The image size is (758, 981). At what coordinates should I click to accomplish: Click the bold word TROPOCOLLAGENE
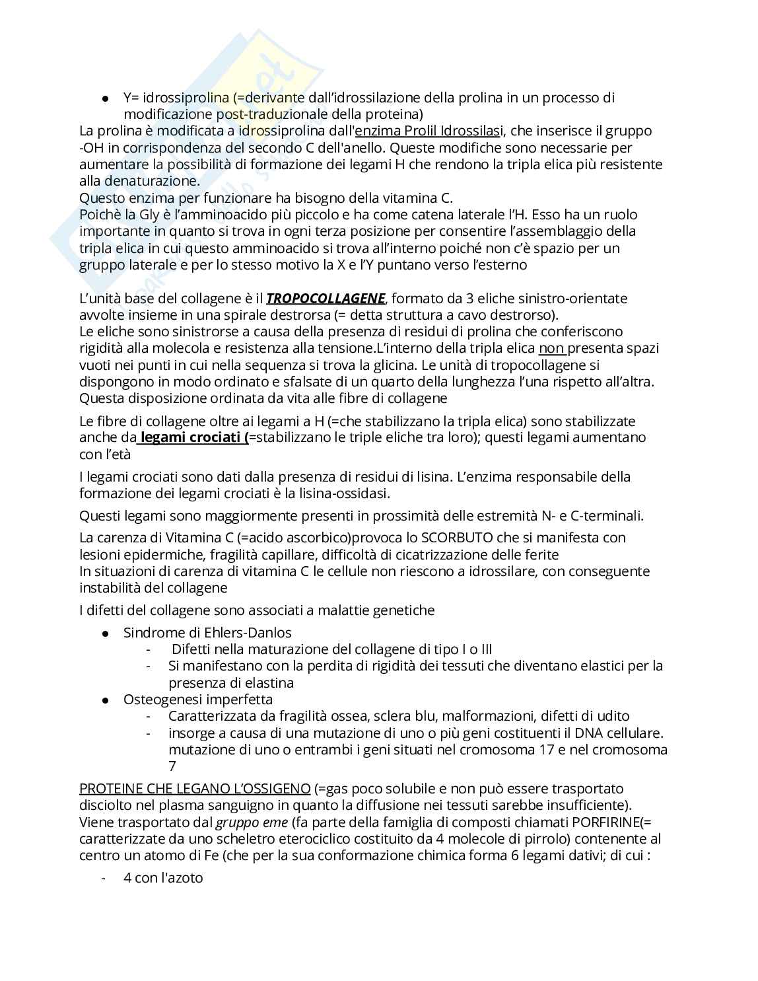326,298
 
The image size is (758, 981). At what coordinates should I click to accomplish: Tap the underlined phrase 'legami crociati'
192,437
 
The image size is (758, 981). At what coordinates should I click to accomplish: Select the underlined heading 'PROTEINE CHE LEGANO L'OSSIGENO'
195,789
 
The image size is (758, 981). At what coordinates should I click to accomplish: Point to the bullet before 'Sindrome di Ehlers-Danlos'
105,634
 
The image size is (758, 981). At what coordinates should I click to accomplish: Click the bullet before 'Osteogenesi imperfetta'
105,700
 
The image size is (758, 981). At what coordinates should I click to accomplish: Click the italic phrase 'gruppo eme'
252,822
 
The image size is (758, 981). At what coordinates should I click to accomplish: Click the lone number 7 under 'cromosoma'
172,766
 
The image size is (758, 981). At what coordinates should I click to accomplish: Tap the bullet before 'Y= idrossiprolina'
105,98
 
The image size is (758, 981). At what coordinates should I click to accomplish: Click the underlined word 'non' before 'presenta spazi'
551,348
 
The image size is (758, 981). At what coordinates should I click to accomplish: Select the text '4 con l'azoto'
163,878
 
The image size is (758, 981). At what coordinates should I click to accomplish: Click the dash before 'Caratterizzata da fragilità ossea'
149,716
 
